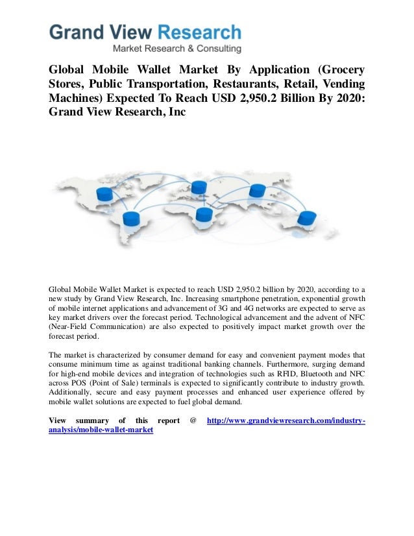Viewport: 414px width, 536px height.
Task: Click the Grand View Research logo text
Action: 145,32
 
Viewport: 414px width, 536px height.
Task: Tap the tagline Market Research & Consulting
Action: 177,48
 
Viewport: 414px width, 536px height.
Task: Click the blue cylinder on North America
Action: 104,193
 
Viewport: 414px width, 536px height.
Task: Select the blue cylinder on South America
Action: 132,217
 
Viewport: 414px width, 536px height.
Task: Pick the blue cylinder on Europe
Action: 199,188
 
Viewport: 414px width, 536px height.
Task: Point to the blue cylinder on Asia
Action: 257,190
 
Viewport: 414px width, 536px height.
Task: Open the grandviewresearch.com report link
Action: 286,420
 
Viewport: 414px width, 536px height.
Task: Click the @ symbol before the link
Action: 193,420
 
